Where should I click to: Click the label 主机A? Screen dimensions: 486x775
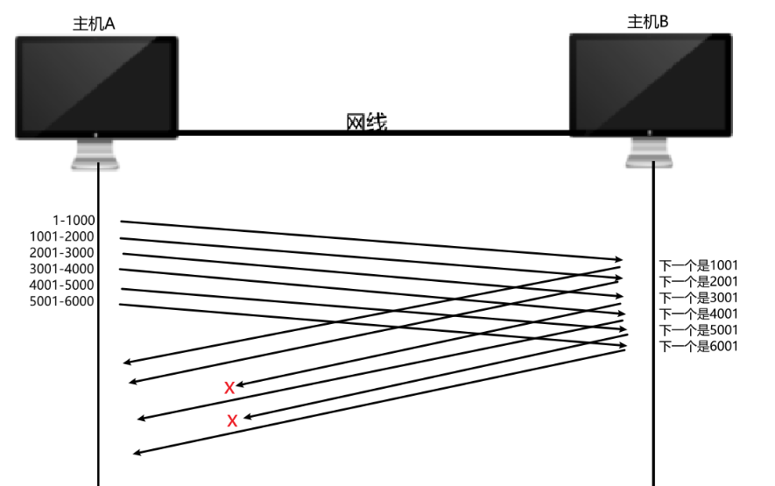tap(94, 24)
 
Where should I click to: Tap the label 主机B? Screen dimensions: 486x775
tap(648, 22)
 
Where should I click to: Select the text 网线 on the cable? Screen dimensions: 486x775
tap(367, 123)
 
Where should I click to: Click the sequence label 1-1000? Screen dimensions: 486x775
tap(74, 221)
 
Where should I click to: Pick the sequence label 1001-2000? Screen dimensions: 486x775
tap(61, 236)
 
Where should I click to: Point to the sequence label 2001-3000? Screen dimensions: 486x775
tap(61, 253)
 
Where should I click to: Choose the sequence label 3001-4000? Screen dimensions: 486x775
tap(61, 269)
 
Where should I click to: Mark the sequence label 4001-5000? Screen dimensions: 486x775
tap(61, 285)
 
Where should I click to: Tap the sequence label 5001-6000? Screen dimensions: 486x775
tap(61, 302)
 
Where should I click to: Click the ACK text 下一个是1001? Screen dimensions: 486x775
tap(698, 265)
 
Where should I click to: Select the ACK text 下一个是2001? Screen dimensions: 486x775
tap(698, 281)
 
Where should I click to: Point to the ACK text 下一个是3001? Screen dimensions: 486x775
tap(698, 298)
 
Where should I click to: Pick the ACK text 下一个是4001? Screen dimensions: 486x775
tap(698, 313)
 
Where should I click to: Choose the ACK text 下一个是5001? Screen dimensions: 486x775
tap(698, 330)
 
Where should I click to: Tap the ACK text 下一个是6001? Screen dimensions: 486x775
tap(698, 346)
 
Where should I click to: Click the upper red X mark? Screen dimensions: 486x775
tap(229, 387)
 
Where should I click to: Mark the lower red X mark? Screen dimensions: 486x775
tap(232, 421)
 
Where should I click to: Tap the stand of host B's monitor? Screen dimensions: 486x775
tap(650, 152)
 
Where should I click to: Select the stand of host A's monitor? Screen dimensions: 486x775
tap(96, 154)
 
